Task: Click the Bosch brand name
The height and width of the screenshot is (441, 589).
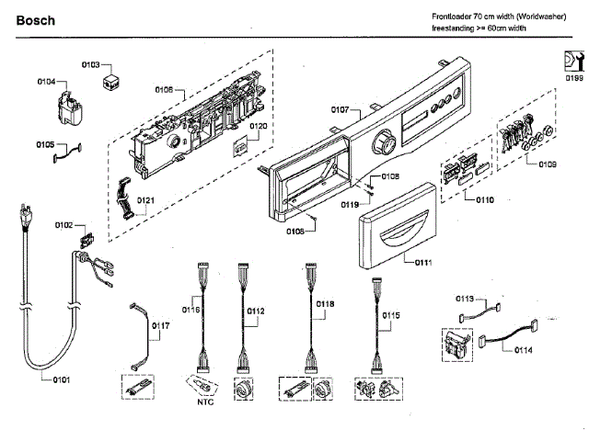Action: click(x=36, y=20)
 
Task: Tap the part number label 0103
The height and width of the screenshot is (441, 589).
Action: click(x=91, y=65)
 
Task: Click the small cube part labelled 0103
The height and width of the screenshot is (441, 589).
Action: click(x=111, y=82)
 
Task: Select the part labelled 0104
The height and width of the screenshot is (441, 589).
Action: click(x=70, y=107)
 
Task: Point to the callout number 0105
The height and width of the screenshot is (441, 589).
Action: click(x=45, y=145)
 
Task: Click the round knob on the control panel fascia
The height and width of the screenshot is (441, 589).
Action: click(x=384, y=141)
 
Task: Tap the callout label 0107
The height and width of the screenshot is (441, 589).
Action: click(x=340, y=109)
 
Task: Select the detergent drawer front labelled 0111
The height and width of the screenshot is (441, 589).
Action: click(x=398, y=226)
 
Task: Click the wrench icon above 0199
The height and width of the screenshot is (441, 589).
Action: click(x=574, y=62)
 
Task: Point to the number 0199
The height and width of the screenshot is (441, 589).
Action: click(x=574, y=78)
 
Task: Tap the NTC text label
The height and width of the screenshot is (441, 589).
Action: click(x=205, y=402)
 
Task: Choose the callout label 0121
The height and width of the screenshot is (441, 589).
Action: click(x=145, y=200)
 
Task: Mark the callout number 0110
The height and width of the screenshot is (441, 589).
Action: click(x=485, y=200)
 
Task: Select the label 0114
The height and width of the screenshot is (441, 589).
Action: click(x=524, y=350)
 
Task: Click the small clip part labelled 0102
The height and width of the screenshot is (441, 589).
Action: click(x=87, y=240)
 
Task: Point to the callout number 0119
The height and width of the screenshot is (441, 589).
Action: click(x=350, y=205)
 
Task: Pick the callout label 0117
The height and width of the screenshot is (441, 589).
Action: click(x=161, y=325)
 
